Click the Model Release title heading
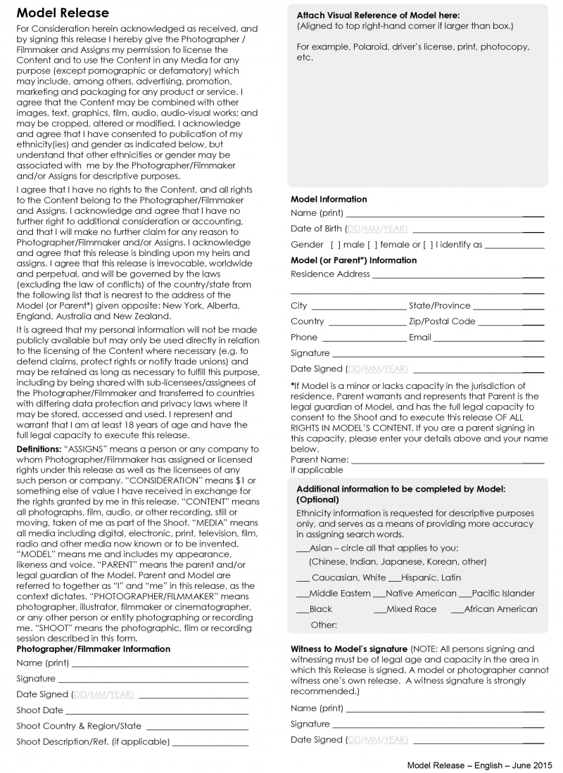click(x=63, y=13)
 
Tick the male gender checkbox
click(x=336, y=245)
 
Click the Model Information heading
click(x=329, y=199)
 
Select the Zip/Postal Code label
click(x=442, y=321)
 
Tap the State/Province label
click(x=439, y=305)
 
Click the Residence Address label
click(x=330, y=274)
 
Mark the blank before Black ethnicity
click(x=303, y=610)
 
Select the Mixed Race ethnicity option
click(x=411, y=609)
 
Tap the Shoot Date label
click(x=39, y=710)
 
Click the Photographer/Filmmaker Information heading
click(x=93, y=649)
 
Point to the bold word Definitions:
click(x=39, y=449)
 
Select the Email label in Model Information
click(x=420, y=337)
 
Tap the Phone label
click(x=304, y=337)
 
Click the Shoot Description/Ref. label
click(x=93, y=741)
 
